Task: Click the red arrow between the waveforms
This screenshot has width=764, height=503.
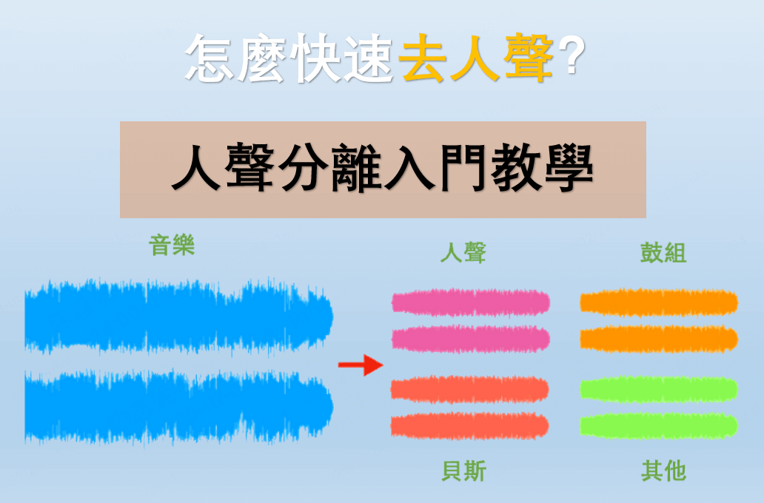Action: (360, 365)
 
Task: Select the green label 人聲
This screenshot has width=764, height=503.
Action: (463, 253)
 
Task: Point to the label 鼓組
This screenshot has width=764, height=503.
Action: (663, 253)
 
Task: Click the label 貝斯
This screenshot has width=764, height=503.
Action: (463, 470)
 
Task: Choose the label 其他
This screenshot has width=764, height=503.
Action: (663, 470)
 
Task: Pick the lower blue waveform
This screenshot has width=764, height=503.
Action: (178, 407)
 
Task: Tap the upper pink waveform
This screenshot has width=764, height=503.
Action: (471, 302)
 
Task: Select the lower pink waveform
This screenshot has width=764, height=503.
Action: (471, 339)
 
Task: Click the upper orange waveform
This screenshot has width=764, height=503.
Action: (659, 302)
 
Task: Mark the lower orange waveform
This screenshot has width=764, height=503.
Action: (659, 339)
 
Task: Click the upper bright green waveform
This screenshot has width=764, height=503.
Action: (659, 389)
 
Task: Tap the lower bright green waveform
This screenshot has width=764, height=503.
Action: (659, 425)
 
